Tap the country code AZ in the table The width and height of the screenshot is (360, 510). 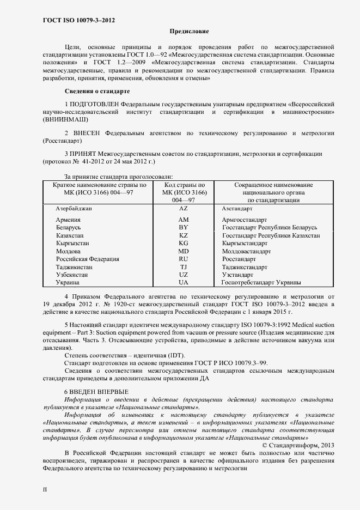pyautogui.click(x=183, y=209)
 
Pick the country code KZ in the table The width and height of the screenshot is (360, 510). pyautogui.click(x=183, y=235)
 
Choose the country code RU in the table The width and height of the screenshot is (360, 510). pyautogui.click(x=183, y=259)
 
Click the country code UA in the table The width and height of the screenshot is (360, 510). pyautogui.click(x=183, y=283)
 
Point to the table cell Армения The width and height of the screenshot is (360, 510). pyautogui.click(x=69, y=220)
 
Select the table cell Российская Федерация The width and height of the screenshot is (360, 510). pyautogui.click(x=87, y=259)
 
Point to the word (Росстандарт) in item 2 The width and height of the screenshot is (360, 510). pyautogui.click(x=63, y=141)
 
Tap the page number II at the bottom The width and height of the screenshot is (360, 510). pyautogui.click(x=45, y=489)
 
